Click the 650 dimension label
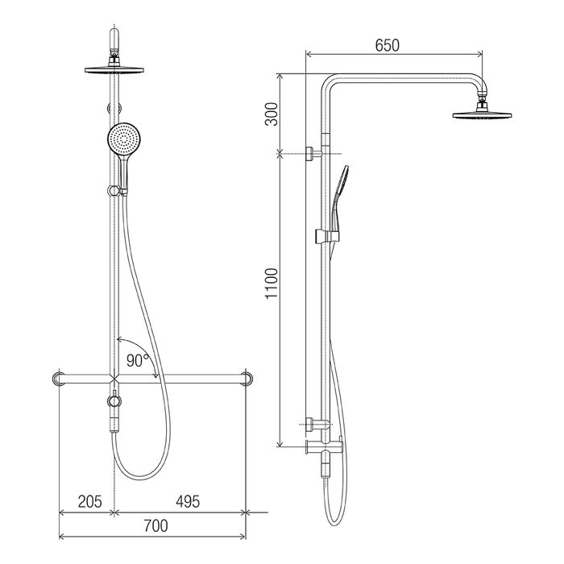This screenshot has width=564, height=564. (x=387, y=45)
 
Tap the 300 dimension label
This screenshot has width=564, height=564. (x=272, y=114)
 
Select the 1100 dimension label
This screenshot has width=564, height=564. (x=272, y=284)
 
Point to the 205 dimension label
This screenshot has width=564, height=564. (x=90, y=501)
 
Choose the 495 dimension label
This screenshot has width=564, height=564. (x=188, y=501)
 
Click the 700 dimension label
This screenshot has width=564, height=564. (x=156, y=526)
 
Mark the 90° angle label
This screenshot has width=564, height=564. (x=138, y=360)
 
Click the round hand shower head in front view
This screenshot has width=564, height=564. (x=123, y=138)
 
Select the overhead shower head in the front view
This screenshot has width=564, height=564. (x=114, y=70)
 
